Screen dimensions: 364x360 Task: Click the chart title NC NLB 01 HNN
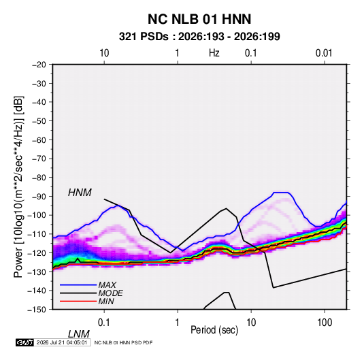[x=199, y=19]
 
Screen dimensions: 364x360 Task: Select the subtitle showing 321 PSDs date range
[x=199, y=37]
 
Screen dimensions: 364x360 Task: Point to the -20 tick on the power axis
[x=39, y=65]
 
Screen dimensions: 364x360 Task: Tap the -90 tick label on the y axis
[x=39, y=196]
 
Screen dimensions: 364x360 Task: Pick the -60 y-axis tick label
[x=39, y=140]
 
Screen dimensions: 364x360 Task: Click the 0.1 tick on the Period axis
[x=103, y=323]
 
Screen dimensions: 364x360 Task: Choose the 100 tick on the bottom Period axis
[x=325, y=323]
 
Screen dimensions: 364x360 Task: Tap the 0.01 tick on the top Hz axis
[x=324, y=53]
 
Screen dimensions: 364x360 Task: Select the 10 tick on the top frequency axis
[x=104, y=53]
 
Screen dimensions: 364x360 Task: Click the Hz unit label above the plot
[x=214, y=53]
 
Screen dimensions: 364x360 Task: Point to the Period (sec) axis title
[x=214, y=330]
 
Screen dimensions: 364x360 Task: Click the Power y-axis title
[x=18, y=186]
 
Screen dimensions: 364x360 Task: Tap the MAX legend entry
[x=107, y=285]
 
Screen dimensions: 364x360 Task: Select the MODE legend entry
[x=110, y=293]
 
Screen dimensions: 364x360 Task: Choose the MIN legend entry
[x=106, y=301]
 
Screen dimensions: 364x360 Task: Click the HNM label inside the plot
[x=80, y=193]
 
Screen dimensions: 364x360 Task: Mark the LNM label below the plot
[x=79, y=334]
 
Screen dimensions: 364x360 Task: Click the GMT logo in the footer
[x=24, y=342]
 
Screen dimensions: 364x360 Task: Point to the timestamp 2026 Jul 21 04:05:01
[x=62, y=342]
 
